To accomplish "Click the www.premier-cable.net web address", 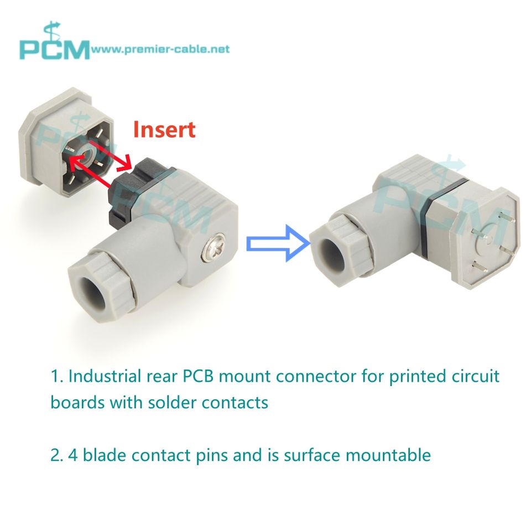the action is [160, 49].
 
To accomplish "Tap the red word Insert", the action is [164, 129].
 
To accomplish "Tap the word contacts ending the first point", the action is [237, 402].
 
